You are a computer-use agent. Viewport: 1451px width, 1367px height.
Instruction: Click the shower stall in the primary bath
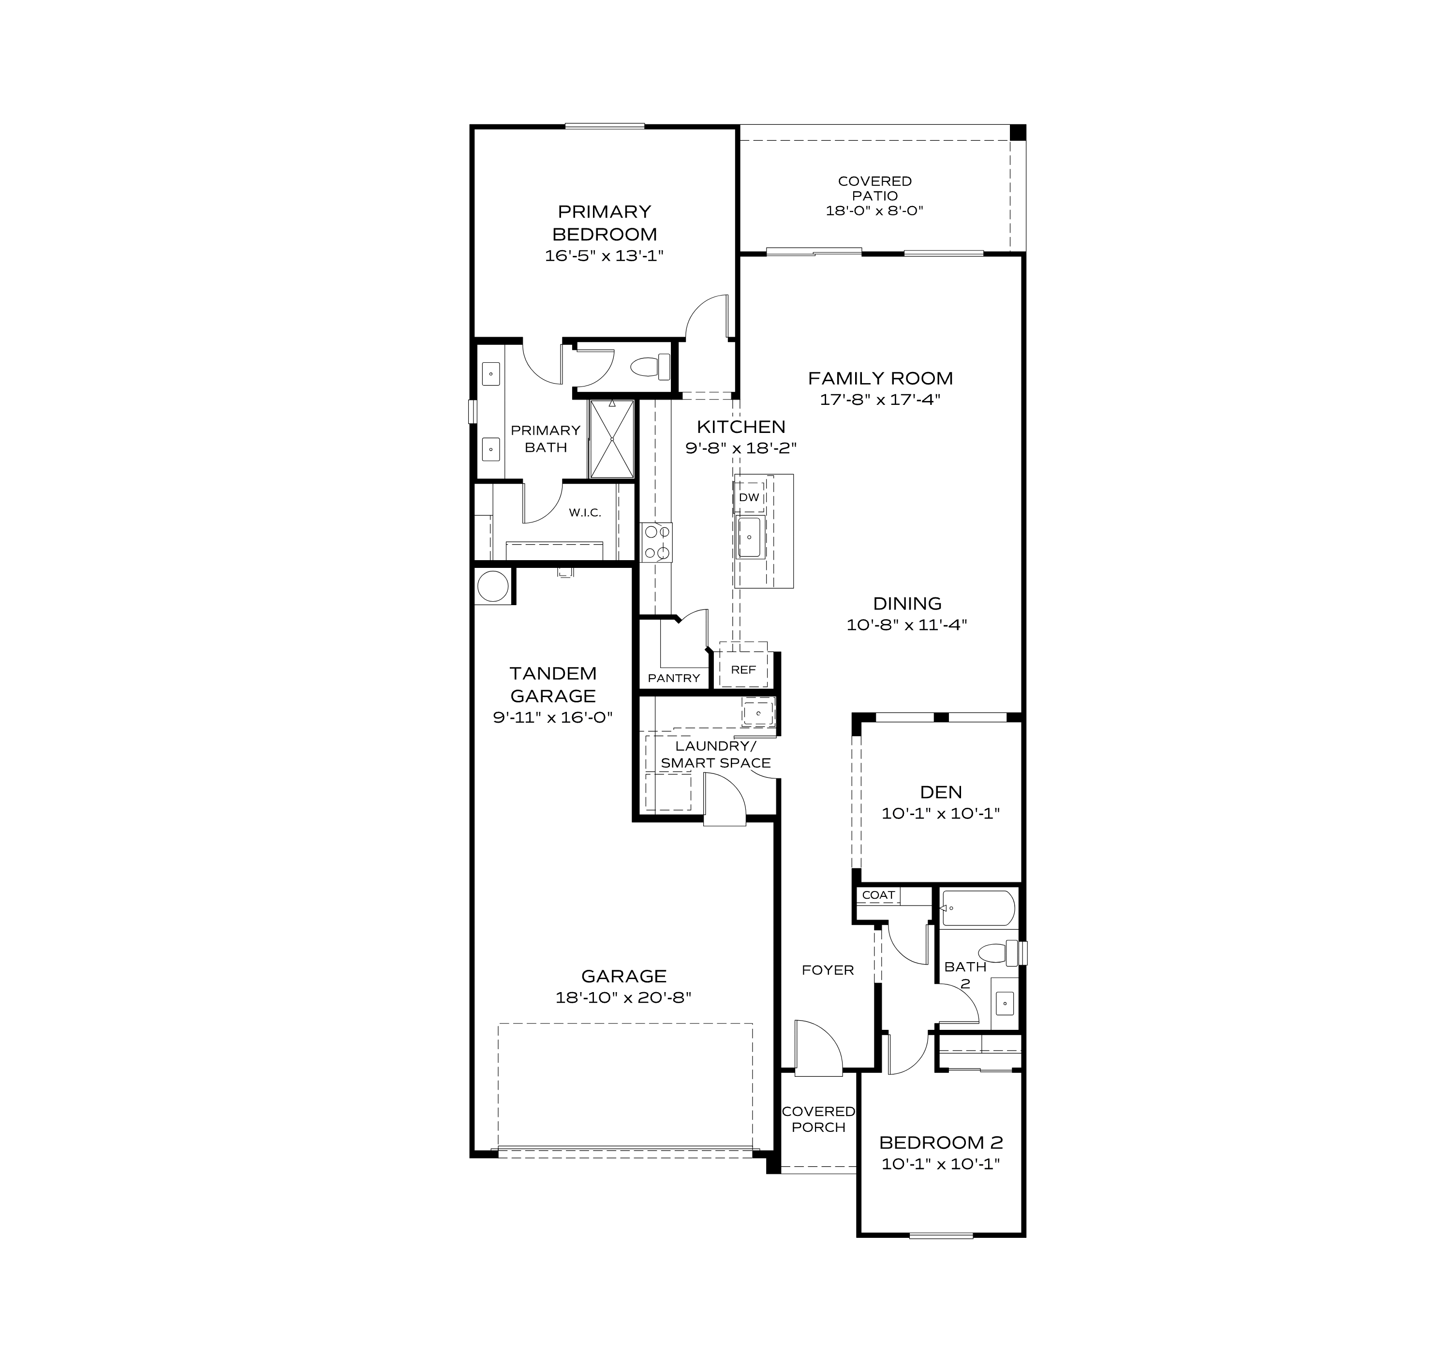[612, 439]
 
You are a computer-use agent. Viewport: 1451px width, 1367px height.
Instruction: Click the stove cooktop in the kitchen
[657, 542]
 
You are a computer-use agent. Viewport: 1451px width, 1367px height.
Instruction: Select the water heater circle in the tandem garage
[493, 586]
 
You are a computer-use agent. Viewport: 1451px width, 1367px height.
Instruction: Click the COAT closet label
[878, 895]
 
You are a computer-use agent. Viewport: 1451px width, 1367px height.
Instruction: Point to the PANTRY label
[674, 678]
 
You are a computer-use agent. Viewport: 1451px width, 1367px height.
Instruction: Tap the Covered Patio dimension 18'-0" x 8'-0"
[874, 211]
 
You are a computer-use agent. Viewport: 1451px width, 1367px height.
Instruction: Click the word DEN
[941, 792]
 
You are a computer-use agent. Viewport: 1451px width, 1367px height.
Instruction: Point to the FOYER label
[828, 970]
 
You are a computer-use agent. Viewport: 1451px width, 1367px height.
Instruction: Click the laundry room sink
[758, 712]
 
